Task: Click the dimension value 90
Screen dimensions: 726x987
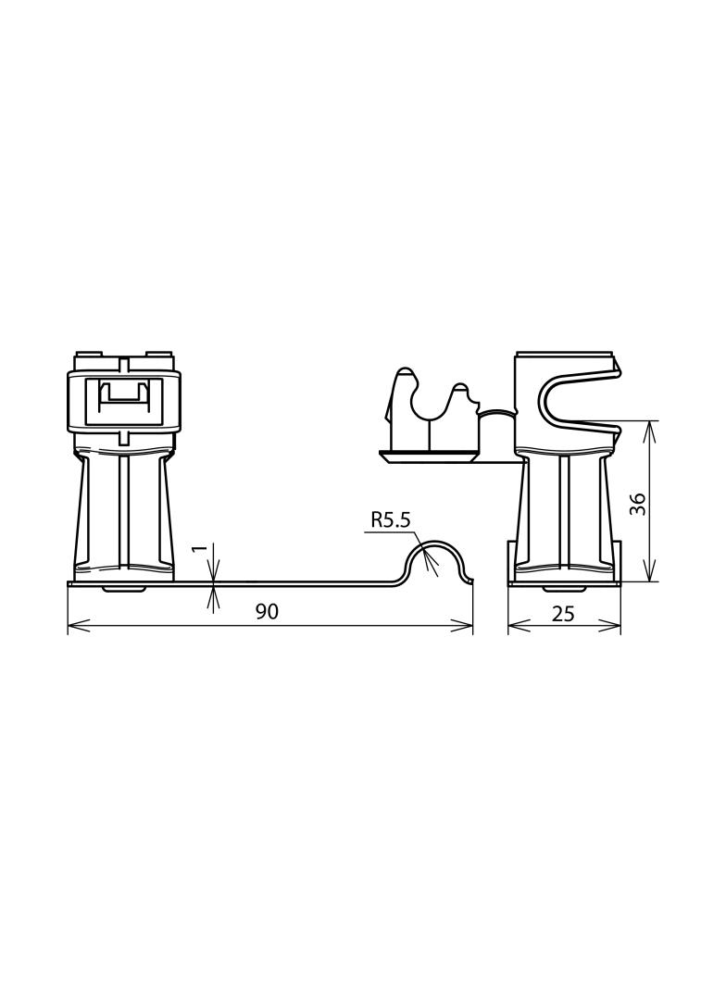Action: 267,611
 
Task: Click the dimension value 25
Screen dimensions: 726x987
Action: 563,614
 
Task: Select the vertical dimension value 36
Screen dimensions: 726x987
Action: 638,504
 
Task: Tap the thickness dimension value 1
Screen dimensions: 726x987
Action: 200,549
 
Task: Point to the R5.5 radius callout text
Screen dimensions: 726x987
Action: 391,520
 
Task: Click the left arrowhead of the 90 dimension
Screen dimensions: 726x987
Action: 78,626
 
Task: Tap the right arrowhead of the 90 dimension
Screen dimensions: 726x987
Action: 461,626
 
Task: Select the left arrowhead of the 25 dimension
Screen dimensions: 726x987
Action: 519,626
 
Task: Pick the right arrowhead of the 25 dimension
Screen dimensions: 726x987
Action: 609,626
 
